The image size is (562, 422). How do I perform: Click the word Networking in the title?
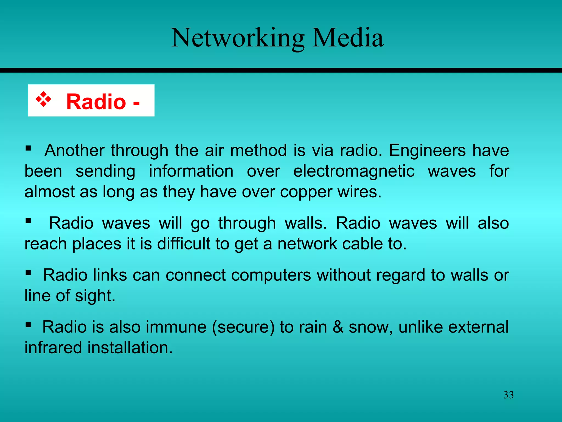coord(237,38)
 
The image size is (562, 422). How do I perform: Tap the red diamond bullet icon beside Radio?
coord(43,99)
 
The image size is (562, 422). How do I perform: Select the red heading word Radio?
coord(96,102)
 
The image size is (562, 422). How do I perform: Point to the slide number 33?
coord(508,395)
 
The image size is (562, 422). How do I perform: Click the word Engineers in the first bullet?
coord(427,151)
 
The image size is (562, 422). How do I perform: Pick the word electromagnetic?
coord(354,171)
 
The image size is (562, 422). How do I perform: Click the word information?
coord(191,171)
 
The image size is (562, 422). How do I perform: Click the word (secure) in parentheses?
coord(243,327)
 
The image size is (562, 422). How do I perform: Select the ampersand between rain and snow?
coord(338,327)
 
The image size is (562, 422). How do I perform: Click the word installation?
coord(130,348)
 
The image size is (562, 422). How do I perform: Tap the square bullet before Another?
coord(28,149)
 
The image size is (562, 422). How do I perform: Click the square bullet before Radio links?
coord(28,273)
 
